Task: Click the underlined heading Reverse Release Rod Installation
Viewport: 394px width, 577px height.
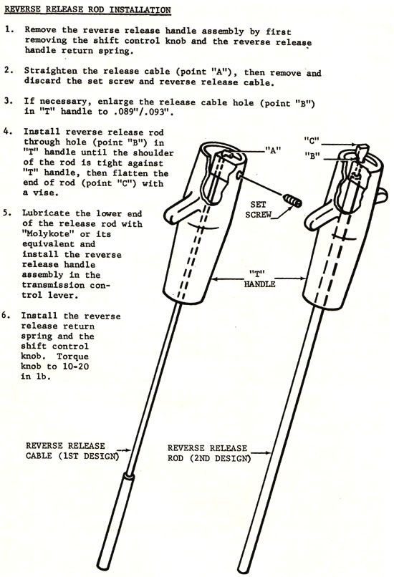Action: point(87,9)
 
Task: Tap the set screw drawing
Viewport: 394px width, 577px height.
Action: point(292,201)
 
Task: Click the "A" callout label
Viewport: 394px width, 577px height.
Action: point(273,150)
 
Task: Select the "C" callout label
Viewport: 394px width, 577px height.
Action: point(312,140)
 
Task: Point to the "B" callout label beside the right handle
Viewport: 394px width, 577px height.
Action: point(312,155)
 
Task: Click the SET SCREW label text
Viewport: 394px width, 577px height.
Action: point(259,209)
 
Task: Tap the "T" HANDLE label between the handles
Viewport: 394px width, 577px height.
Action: point(259,279)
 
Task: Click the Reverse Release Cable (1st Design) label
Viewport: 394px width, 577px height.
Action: point(72,451)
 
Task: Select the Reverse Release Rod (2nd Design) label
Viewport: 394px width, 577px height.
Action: point(208,453)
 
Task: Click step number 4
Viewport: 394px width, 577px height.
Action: point(8,132)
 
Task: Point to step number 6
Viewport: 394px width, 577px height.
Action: point(5,316)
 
